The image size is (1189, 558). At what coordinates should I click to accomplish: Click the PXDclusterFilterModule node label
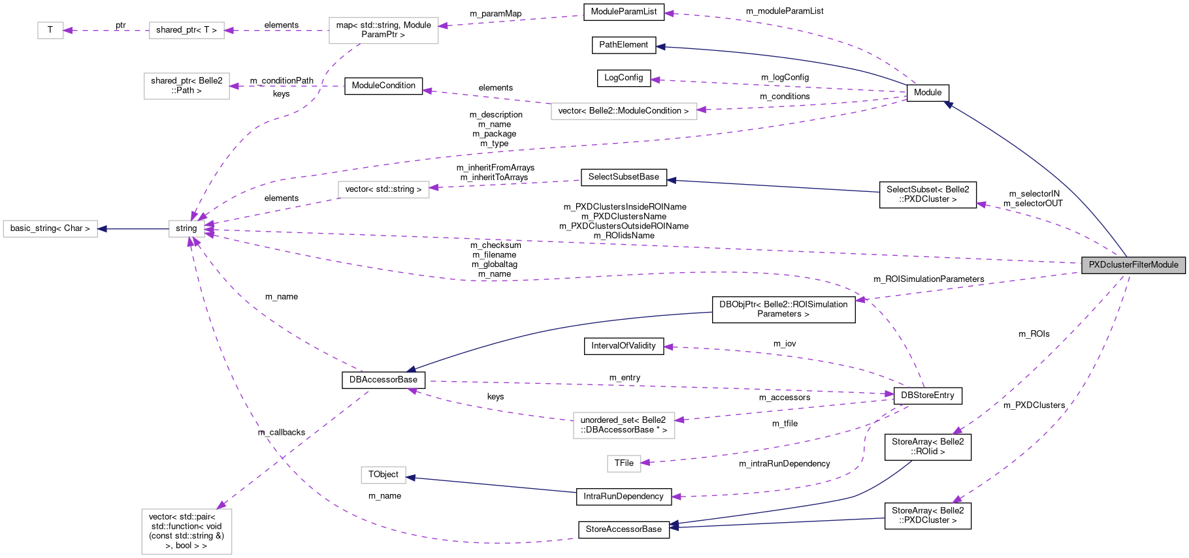[1133, 265]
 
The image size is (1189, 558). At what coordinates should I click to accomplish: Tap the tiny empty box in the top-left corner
[50, 31]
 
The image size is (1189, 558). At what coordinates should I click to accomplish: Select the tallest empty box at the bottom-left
[187, 531]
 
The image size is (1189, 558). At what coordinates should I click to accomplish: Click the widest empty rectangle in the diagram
[624, 112]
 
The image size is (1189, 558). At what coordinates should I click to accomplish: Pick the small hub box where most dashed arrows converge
[187, 229]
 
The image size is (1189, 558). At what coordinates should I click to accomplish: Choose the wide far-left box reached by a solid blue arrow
[50, 229]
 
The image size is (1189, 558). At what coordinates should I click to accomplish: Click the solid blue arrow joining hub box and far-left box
[133, 229]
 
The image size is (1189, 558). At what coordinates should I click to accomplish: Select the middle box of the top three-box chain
[187, 31]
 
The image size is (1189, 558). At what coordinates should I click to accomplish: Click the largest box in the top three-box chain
[383, 31]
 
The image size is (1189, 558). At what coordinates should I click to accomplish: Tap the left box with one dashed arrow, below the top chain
[187, 86]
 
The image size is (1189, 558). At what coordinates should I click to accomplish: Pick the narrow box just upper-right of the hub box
[383, 189]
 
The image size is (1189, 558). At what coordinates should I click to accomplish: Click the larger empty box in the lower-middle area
[624, 426]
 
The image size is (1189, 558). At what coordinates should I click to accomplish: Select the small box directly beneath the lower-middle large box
[624, 463]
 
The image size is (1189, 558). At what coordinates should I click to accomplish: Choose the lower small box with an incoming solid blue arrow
[383, 475]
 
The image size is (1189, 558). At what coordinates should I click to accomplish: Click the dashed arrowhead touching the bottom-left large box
[221, 505]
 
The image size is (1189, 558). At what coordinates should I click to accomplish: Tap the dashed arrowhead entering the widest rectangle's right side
[702, 110]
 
